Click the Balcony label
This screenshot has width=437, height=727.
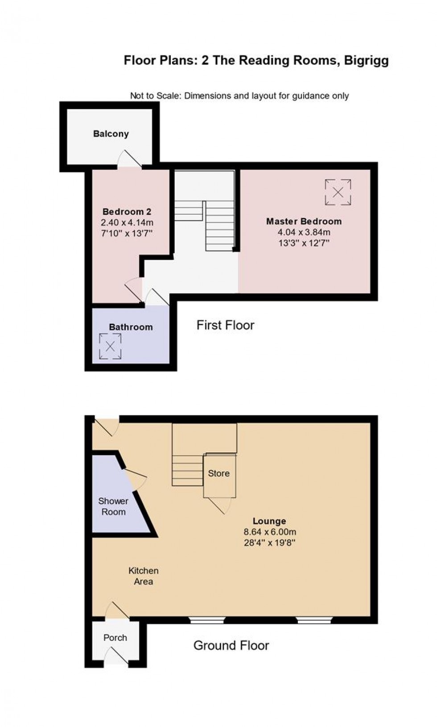[111, 134]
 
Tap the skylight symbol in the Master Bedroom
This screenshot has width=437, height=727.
[338, 192]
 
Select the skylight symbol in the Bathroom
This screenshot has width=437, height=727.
[110, 346]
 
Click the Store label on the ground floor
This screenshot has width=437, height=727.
[218, 473]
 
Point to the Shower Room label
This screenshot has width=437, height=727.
[113, 506]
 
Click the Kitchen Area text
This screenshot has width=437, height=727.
[143, 576]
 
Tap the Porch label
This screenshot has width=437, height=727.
[115, 638]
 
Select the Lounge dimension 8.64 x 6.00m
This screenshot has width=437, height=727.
[270, 532]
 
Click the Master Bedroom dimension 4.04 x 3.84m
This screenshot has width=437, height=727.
[304, 232]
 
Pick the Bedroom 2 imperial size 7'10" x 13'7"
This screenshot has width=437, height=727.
[127, 233]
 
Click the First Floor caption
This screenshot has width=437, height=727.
[225, 325]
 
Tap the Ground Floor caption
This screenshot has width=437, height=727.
[231, 645]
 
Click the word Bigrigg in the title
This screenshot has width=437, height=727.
[366, 60]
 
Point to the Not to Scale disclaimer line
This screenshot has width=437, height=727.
[239, 96]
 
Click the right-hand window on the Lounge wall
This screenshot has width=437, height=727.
[314, 620]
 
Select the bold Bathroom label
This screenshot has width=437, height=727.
[131, 327]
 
